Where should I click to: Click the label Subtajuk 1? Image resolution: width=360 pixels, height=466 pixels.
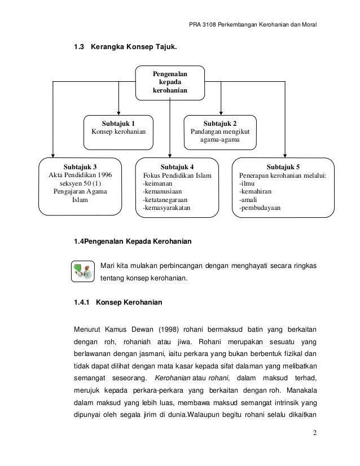pyautogui.click(x=118, y=122)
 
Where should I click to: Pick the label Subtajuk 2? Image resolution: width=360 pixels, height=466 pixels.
pyautogui.click(x=219, y=122)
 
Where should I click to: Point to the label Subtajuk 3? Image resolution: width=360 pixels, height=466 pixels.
pyautogui.click(x=80, y=167)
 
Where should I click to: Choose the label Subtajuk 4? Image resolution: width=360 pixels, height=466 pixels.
pyautogui.click(x=177, y=167)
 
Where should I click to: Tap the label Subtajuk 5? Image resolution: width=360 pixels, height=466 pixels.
pyautogui.click(x=283, y=167)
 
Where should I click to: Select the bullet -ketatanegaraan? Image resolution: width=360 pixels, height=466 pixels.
pyautogui.click(x=166, y=200)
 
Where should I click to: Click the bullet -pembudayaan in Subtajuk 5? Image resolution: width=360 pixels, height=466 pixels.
pyautogui.click(x=260, y=208)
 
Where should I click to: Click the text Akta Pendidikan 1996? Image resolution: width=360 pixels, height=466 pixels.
pyautogui.click(x=80, y=175)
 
